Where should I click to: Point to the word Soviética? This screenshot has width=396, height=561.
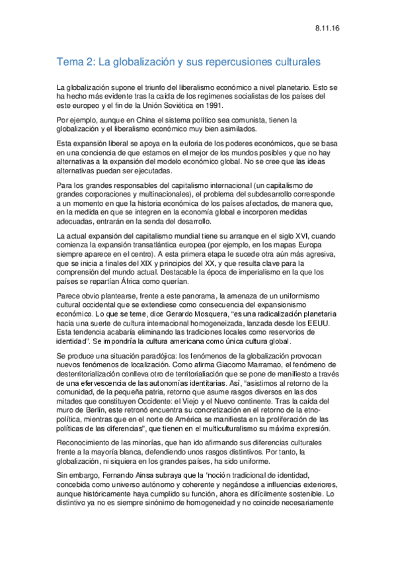[x=178, y=105]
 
